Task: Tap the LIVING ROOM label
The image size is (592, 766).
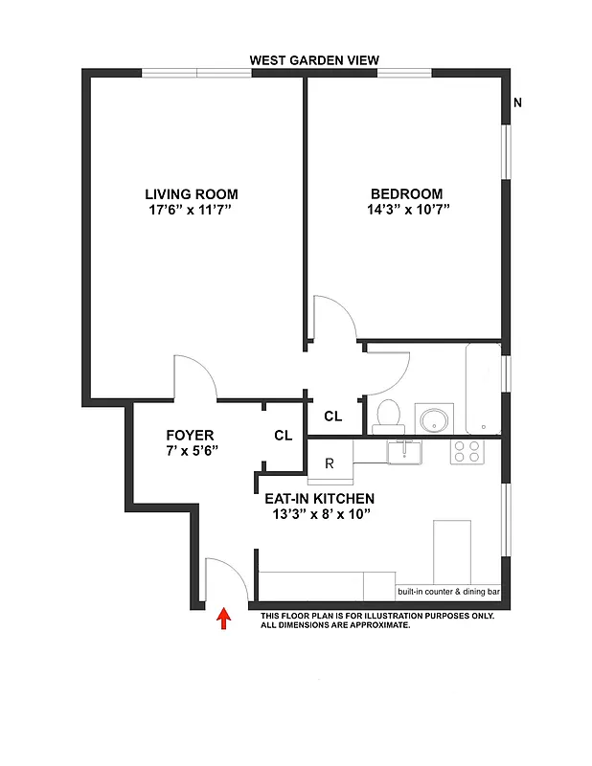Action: tap(192, 193)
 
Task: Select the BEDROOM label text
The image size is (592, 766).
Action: tap(407, 193)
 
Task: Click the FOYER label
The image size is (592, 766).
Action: tap(190, 435)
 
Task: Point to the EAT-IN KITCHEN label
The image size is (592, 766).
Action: tap(319, 499)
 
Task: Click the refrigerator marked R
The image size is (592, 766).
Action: tap(329, 463)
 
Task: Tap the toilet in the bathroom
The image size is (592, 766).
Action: tap(388, 416)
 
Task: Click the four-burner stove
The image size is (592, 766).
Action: tap(467, 451)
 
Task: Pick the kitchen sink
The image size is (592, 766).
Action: tap(406, 451)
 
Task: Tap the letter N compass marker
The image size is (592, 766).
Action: tap(517, 103)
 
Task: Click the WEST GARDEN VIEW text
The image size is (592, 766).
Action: tap(314, 60)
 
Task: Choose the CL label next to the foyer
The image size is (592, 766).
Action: tap(283, 435)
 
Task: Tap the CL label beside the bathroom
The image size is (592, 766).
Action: tap(332, 416)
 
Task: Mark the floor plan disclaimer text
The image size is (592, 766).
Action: tap(376, 620)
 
